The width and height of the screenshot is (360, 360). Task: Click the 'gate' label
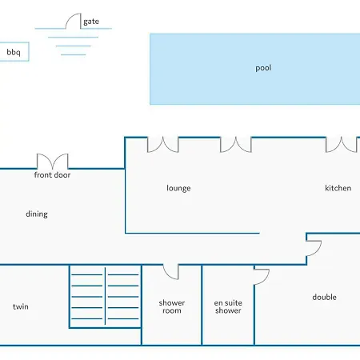(91, 22)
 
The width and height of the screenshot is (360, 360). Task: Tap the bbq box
(14, 52)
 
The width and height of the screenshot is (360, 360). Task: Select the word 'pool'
(263, 68)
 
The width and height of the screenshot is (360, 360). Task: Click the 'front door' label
(52, 175)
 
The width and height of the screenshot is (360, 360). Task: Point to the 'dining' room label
(37, 214)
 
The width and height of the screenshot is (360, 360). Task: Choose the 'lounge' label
(178, 188)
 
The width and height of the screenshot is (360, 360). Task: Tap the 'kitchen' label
(338, 188)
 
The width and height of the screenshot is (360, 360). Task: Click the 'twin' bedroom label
(21, 306)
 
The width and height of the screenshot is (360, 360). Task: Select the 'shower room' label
(172, 306)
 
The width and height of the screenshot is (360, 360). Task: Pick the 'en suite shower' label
(228, 306)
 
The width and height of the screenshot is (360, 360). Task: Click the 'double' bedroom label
(324, 297)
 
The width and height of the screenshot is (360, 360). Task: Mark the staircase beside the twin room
(105, 297)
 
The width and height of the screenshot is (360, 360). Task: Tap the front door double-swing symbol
(52, 162)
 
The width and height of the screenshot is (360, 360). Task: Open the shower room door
(170, 272)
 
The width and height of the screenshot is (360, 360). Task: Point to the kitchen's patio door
(341, 146)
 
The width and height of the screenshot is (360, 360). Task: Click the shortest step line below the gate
(74, 54)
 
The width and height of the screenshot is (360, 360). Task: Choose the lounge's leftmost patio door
(162, 146)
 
